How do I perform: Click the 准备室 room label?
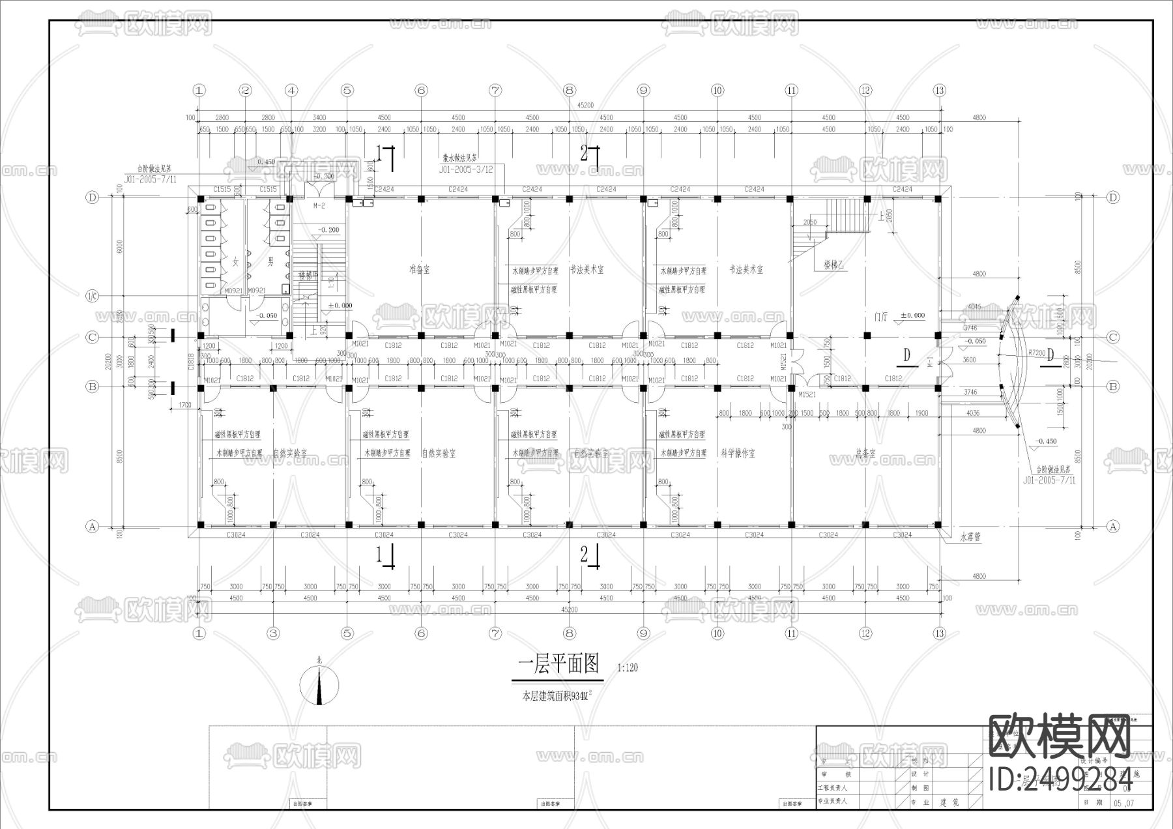coord(419,269)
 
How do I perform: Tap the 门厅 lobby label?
coord(881,317)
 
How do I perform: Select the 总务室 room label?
coord(865,454)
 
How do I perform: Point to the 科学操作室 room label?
coord(738,453)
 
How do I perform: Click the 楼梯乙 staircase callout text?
coord(834,265)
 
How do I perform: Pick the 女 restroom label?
coord(235,262)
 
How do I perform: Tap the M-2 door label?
coord(319,206)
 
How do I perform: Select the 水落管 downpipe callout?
coord(970,538)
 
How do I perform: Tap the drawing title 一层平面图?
coord(558,664)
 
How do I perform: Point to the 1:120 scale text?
coord(627,667)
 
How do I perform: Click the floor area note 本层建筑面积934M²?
coord(557,697)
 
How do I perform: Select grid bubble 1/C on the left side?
coord(92,297)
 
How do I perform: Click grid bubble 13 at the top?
coord(939,90)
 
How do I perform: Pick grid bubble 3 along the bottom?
coord(273,633)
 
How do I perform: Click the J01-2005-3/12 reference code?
coord(465,169)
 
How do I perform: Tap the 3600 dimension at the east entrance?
coord(969,360)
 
